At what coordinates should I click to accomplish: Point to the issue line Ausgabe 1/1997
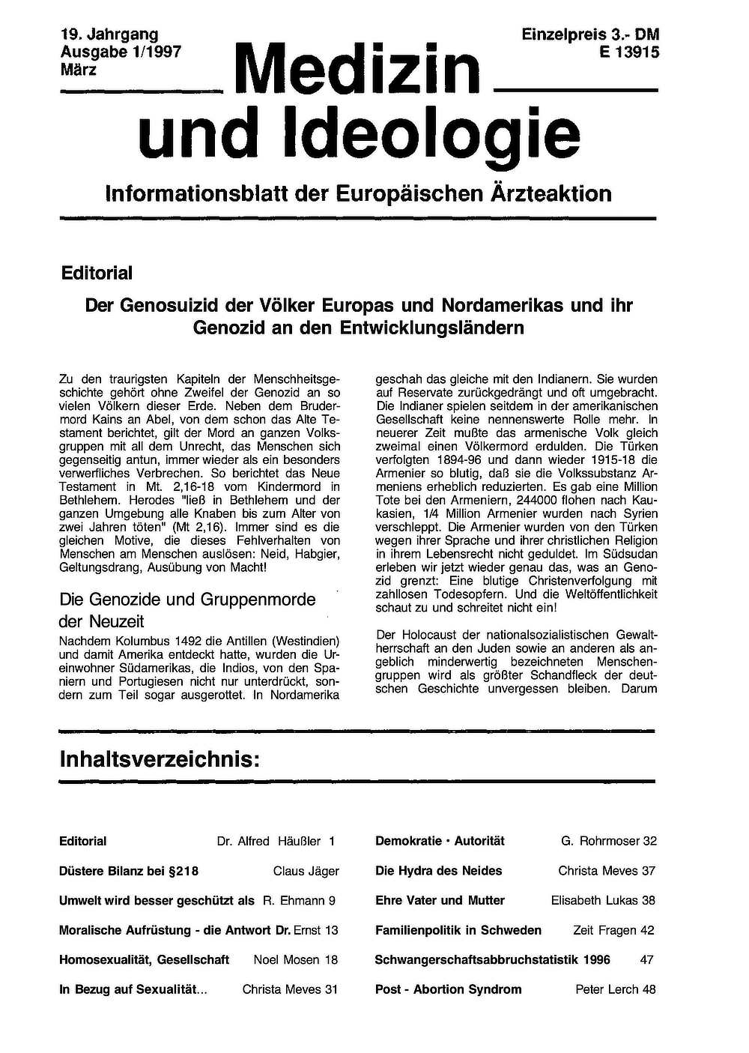point(121,52)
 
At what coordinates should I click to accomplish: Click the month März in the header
point(78,69)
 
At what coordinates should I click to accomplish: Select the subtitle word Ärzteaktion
point(550,193)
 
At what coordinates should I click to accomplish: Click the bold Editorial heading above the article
point(97,273)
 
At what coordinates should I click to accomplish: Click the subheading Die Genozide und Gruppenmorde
point(187,600)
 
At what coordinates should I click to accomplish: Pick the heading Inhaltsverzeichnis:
point(160,760)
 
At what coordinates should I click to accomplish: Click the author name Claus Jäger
point(306,871)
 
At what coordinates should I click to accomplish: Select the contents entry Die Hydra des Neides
point(438,871)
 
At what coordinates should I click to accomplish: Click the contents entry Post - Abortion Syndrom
point(448,989)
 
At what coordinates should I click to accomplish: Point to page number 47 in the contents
point(647,959)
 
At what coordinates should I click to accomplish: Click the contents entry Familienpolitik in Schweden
point(458,930)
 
